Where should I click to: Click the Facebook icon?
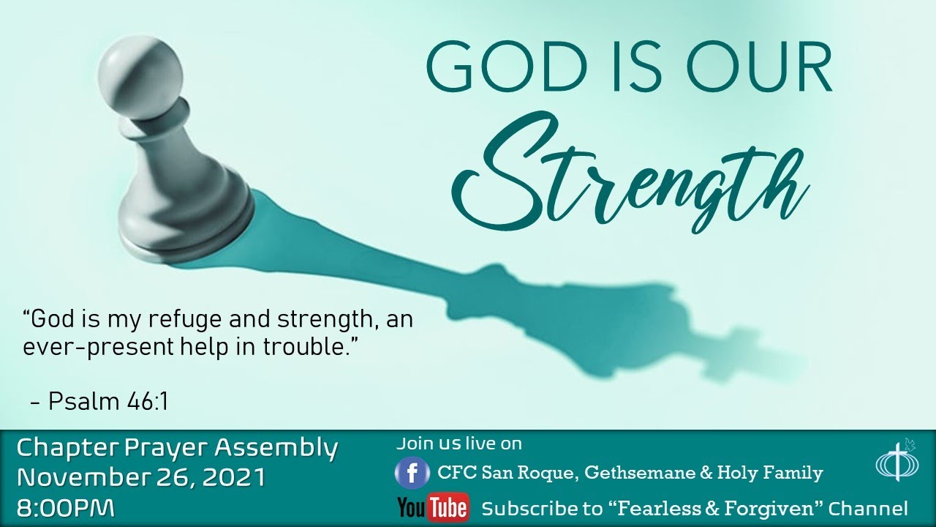tap(412, 474)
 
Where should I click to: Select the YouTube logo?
tap(433, 507)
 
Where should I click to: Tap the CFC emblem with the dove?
tap(894, 462)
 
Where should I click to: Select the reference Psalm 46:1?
tap(108, 401)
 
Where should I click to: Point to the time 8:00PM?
tap(66, 508)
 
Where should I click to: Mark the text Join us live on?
tap(459, 443)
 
